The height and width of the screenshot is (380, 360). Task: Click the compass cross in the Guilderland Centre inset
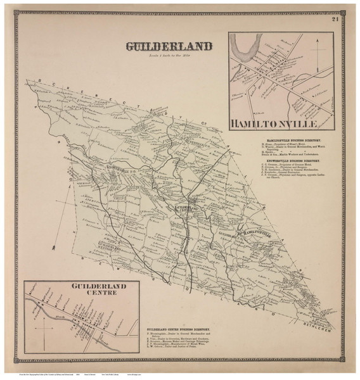click(x=44, y=328)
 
